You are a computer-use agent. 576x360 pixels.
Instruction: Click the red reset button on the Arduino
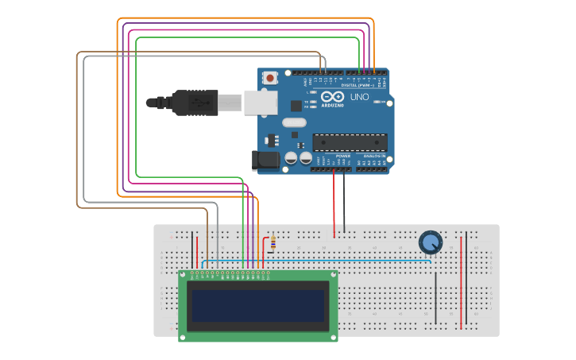[271, 78]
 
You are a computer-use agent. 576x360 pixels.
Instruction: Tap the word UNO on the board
[360, 96]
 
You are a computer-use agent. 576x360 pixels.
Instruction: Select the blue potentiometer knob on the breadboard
[430, 241]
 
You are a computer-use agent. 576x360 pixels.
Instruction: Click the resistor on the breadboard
[273, 242]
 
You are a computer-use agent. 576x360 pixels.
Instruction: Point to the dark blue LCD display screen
[257, 305]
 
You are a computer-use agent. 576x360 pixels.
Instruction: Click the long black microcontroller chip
[350, 142]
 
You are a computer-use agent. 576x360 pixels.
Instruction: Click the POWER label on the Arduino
[342, 156]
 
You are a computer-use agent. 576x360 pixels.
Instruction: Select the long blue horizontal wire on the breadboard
[318, 261]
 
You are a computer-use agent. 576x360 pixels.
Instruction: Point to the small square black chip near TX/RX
[296, 105]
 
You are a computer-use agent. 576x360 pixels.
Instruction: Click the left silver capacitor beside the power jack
[291, 159]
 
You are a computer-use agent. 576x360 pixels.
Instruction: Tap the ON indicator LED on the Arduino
[383, 103]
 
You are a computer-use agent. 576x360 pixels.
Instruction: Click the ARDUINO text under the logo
[333, 105]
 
